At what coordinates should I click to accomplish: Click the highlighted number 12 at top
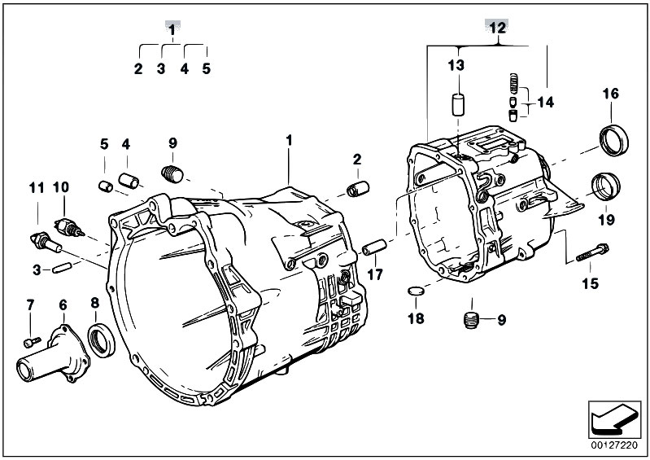tap(497, 28)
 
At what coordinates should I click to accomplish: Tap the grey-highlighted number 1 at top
tap(172, 29)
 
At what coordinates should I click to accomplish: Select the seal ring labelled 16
tap(614, 140)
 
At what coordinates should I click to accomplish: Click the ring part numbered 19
tap(605, 186)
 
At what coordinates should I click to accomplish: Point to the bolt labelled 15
tap(592, 252)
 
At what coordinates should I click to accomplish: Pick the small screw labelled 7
tap(33, 342)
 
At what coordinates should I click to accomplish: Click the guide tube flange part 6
tap(53, 354)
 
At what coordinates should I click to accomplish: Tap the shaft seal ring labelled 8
tap(102, 341)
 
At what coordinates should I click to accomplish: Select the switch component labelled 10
tap(69, 227)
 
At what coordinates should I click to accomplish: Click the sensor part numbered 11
tap(46, 242)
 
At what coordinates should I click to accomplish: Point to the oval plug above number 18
tap(416, 291)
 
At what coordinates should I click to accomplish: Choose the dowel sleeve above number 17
tap(374, 248)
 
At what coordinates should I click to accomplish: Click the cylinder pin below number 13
tap(458, 105)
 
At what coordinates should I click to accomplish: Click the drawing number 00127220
tap(614, 445)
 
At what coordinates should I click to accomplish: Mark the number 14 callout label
tap(545, 102)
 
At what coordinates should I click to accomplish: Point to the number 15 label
tap(591, 283)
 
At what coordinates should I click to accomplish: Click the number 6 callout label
tap(63, 305)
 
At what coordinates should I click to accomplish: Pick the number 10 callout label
tap(60, 187)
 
